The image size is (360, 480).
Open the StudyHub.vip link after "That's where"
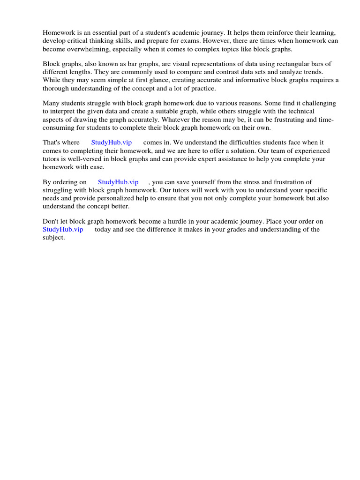112,142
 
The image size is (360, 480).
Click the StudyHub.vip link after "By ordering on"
118,182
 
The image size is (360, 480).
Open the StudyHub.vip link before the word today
63,229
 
